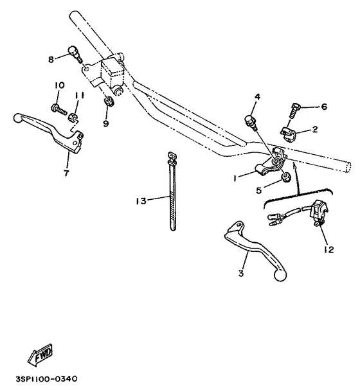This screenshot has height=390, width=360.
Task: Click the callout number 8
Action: point(51,58)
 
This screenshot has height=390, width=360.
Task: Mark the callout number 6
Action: point(324,107)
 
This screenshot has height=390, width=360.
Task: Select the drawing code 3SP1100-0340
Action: point(50,379)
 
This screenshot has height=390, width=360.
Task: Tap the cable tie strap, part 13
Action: point(172,193)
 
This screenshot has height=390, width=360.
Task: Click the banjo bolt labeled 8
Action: point(75,55)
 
